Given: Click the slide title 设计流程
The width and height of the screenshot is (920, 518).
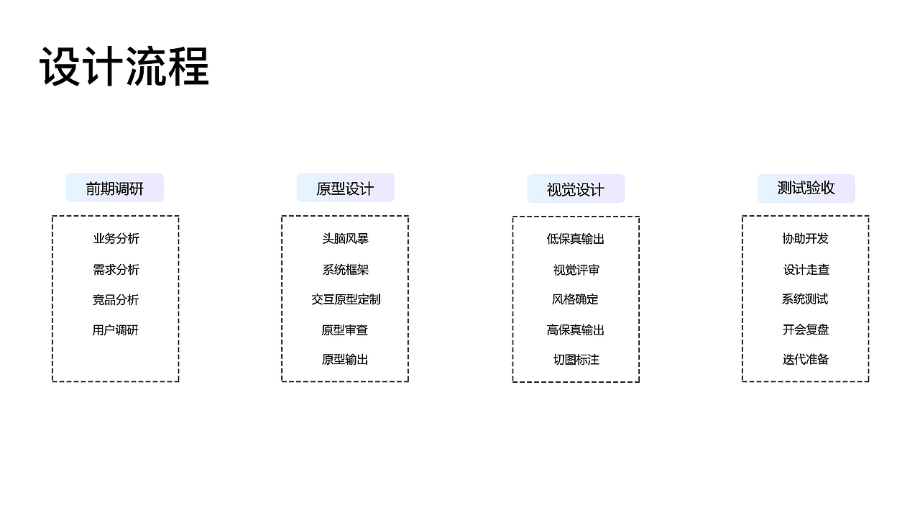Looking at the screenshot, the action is click(124, 67).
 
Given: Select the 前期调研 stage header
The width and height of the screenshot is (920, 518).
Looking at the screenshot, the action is click(115, 188).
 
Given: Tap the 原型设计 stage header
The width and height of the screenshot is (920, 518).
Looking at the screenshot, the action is click(346, 188).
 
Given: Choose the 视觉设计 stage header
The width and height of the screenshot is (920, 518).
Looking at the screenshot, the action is click(576, 188).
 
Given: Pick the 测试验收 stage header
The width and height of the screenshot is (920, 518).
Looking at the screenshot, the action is click(806, 188).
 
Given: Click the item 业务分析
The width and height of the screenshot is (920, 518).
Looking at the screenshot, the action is click(116, 238).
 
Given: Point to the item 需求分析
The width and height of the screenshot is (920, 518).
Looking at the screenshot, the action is click(116, 270).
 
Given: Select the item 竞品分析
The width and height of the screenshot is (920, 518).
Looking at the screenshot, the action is click(116, 300).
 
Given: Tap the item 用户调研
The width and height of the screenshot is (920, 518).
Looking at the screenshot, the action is click(115, 330).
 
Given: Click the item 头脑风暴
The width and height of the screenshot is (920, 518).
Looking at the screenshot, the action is click(346, 238).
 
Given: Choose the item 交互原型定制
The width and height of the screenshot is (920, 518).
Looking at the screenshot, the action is click(346, 299).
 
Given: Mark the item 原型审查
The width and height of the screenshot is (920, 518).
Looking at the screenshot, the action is click(344, 330).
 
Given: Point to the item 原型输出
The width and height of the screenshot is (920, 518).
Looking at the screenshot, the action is click(345, 360).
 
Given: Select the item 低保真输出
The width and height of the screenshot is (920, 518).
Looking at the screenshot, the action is click(576, 239).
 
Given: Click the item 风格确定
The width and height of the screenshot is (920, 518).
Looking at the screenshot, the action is click(575, 299).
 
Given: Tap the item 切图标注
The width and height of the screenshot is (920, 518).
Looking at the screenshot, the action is click(576, 360).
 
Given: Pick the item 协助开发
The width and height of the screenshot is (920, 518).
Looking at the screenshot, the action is click(806, 238).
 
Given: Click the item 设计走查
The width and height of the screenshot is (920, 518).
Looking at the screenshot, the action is click(806, 270).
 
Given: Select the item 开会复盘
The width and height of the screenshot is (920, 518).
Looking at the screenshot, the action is click(806, 330).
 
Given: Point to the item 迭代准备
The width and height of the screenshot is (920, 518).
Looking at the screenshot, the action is click(806, 359).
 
